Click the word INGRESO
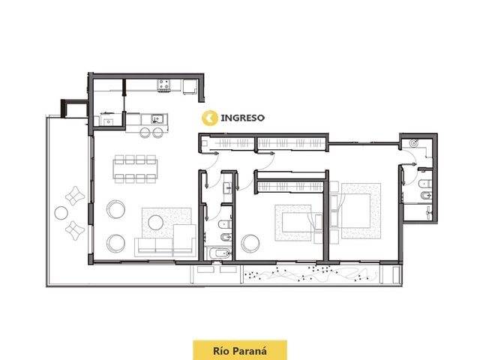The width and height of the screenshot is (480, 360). point(242,118)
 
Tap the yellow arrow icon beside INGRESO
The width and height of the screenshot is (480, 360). point(210,118)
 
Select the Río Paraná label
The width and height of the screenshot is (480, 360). point(240,351)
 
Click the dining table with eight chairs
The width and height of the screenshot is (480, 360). point(135,169)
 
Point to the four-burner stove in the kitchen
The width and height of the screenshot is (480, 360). point(163,85)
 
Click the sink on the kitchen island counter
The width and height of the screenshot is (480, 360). point(157,118)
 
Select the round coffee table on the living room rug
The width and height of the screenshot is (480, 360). point(155,222)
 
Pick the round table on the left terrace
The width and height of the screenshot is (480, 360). point(61,213)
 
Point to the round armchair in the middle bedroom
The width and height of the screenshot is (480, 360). point(250,244)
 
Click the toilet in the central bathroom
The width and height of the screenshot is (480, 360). point(225,224)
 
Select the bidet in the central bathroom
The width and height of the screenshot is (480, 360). point(226,237)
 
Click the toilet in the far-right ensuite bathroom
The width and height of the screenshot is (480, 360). point(425,183)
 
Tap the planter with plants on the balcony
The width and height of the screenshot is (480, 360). point(311,274)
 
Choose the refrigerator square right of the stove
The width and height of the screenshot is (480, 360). point(190,87)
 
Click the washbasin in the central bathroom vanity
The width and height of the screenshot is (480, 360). point(227,187)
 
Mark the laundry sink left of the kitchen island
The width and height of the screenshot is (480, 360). point(108,121)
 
